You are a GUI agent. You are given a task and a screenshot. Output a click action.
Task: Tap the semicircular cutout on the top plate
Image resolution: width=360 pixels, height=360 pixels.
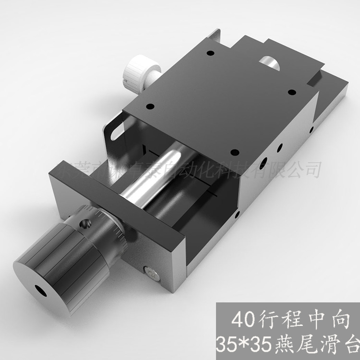click(x=271, y=62)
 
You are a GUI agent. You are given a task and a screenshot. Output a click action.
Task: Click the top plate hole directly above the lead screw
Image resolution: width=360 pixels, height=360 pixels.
click(x=234, y=153)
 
